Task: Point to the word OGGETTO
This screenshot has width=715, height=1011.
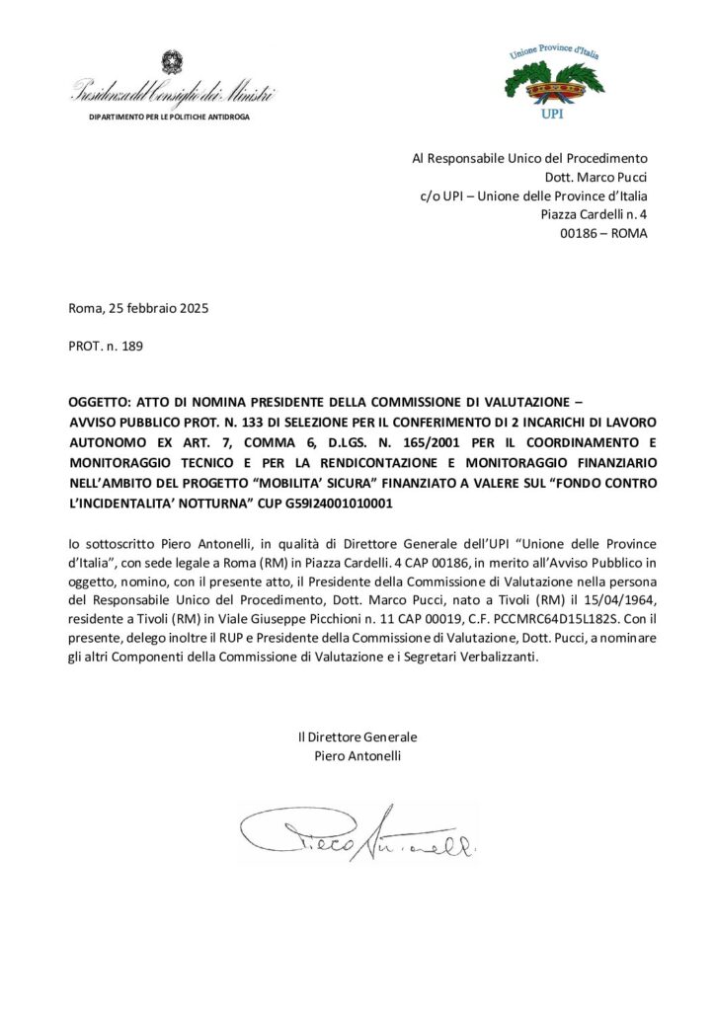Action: tap(99, 403)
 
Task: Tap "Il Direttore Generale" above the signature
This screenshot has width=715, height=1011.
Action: tap(357, 738)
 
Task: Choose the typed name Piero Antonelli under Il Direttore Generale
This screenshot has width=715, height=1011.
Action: tap(357, 756)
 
